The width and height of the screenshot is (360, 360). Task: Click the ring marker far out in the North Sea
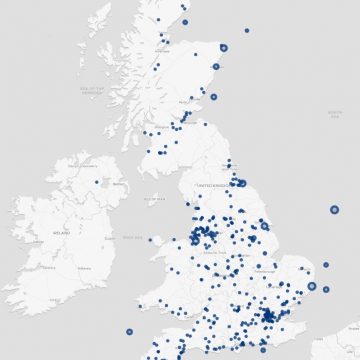pos(334,210)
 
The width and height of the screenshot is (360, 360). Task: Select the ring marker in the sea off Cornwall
pos(128,331)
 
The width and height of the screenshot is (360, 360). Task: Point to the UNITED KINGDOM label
pos(213,186)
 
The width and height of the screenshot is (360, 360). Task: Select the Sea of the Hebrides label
pos(93,92)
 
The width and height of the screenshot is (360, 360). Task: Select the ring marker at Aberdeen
pos(216,67)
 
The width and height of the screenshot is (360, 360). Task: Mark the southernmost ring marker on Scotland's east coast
pos(212,97)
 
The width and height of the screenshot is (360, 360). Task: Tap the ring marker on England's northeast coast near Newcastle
pos(240,182)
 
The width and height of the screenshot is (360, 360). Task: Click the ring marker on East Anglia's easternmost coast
pos(311,287)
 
